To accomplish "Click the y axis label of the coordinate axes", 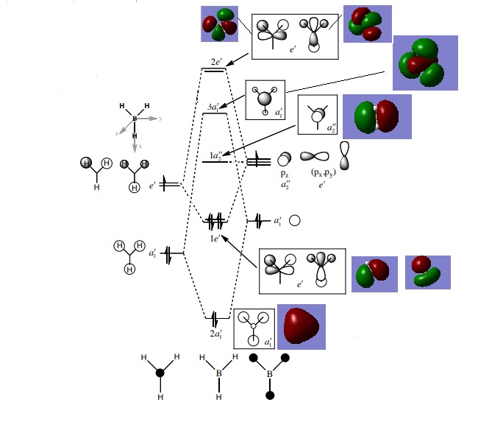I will coord(160,118).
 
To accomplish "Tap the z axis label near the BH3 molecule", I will coord(115,133).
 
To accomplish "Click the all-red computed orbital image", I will coord(301,326).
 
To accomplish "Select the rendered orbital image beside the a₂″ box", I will coord(377,117).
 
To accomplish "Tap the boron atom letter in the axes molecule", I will coord(135,119).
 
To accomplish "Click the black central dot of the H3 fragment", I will coord(160,373).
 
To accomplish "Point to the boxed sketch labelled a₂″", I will coord(317,114).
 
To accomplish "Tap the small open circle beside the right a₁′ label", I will coord(295,220).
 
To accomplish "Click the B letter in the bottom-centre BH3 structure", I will coord(218,374).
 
